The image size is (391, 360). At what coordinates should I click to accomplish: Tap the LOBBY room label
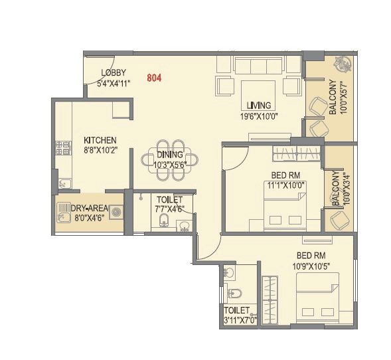pos(113,73)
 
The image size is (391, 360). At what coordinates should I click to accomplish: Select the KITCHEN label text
pos(100,140)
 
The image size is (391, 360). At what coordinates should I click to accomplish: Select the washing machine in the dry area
pos(116,213)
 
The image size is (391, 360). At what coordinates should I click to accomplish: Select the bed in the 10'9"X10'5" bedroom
pos(317,298)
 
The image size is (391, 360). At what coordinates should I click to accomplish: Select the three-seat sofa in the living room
pos(258,66)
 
